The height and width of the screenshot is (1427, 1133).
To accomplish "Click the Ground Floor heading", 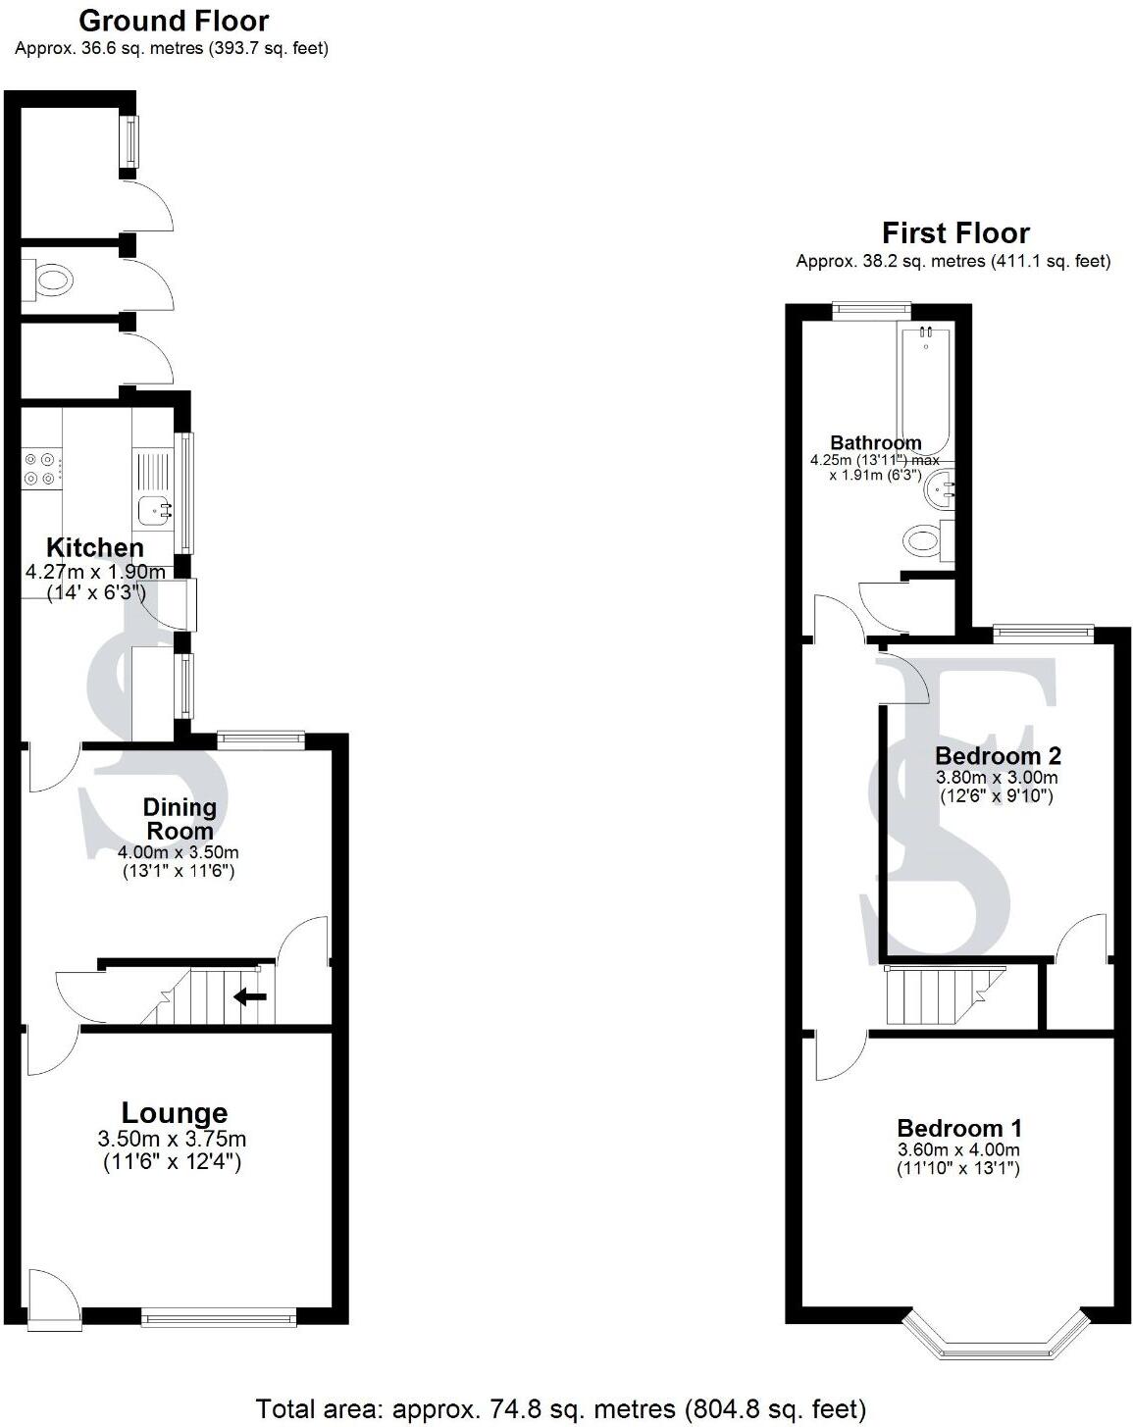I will point(173,21).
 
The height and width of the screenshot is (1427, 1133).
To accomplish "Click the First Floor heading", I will point(954,233).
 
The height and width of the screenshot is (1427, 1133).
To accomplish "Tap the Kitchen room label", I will point(95,548).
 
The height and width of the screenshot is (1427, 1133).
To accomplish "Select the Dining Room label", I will point(180,819).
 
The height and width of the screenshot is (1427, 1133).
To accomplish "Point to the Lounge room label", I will point(174,1113).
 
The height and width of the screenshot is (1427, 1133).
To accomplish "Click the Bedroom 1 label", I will point(958,1128).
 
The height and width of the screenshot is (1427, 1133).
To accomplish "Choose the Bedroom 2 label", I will point(997,756).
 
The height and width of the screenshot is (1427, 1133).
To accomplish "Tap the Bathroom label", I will point(875,442).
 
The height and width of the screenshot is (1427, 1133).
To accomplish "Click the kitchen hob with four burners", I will point(42,469).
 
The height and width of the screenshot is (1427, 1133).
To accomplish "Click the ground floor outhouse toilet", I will point(49,281).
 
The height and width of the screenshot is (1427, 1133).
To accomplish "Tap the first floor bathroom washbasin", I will point(941,488).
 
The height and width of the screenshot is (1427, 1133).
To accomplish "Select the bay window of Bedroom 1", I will point(995,1340).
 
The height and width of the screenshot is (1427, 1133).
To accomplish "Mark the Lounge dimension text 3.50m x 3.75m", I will point(172,1140).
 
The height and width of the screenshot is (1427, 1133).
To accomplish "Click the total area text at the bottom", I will point(560,1409).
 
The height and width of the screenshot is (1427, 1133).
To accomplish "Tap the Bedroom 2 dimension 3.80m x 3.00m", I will point(997,778).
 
